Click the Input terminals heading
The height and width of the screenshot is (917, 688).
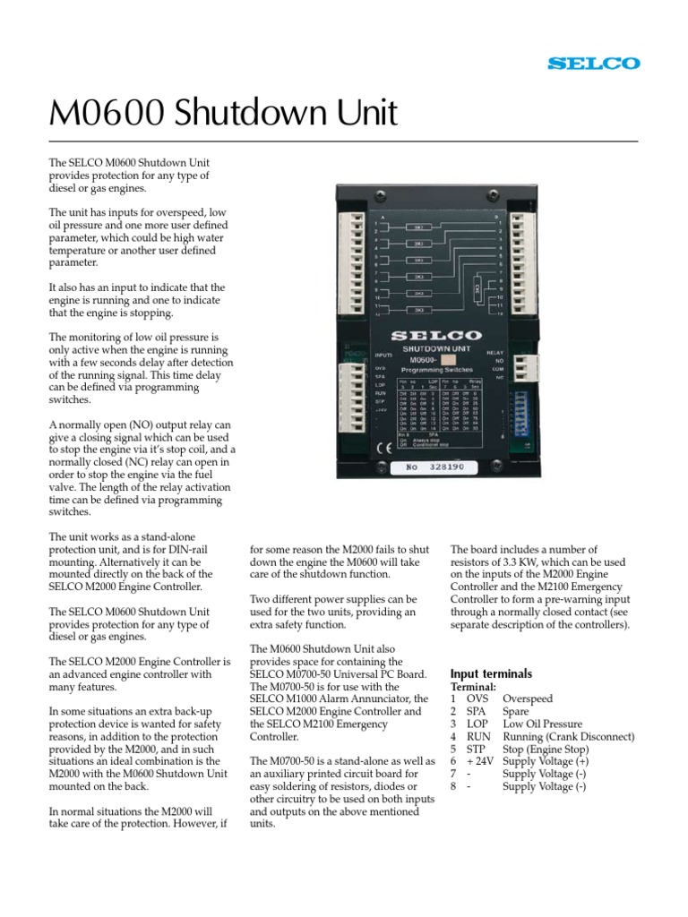[x=491, y=673]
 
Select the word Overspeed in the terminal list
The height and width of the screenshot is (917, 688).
[x=528, y=698]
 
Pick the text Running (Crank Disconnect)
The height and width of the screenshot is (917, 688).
[x=569, y=736]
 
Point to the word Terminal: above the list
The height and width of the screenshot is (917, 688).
[x=473, y=686]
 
